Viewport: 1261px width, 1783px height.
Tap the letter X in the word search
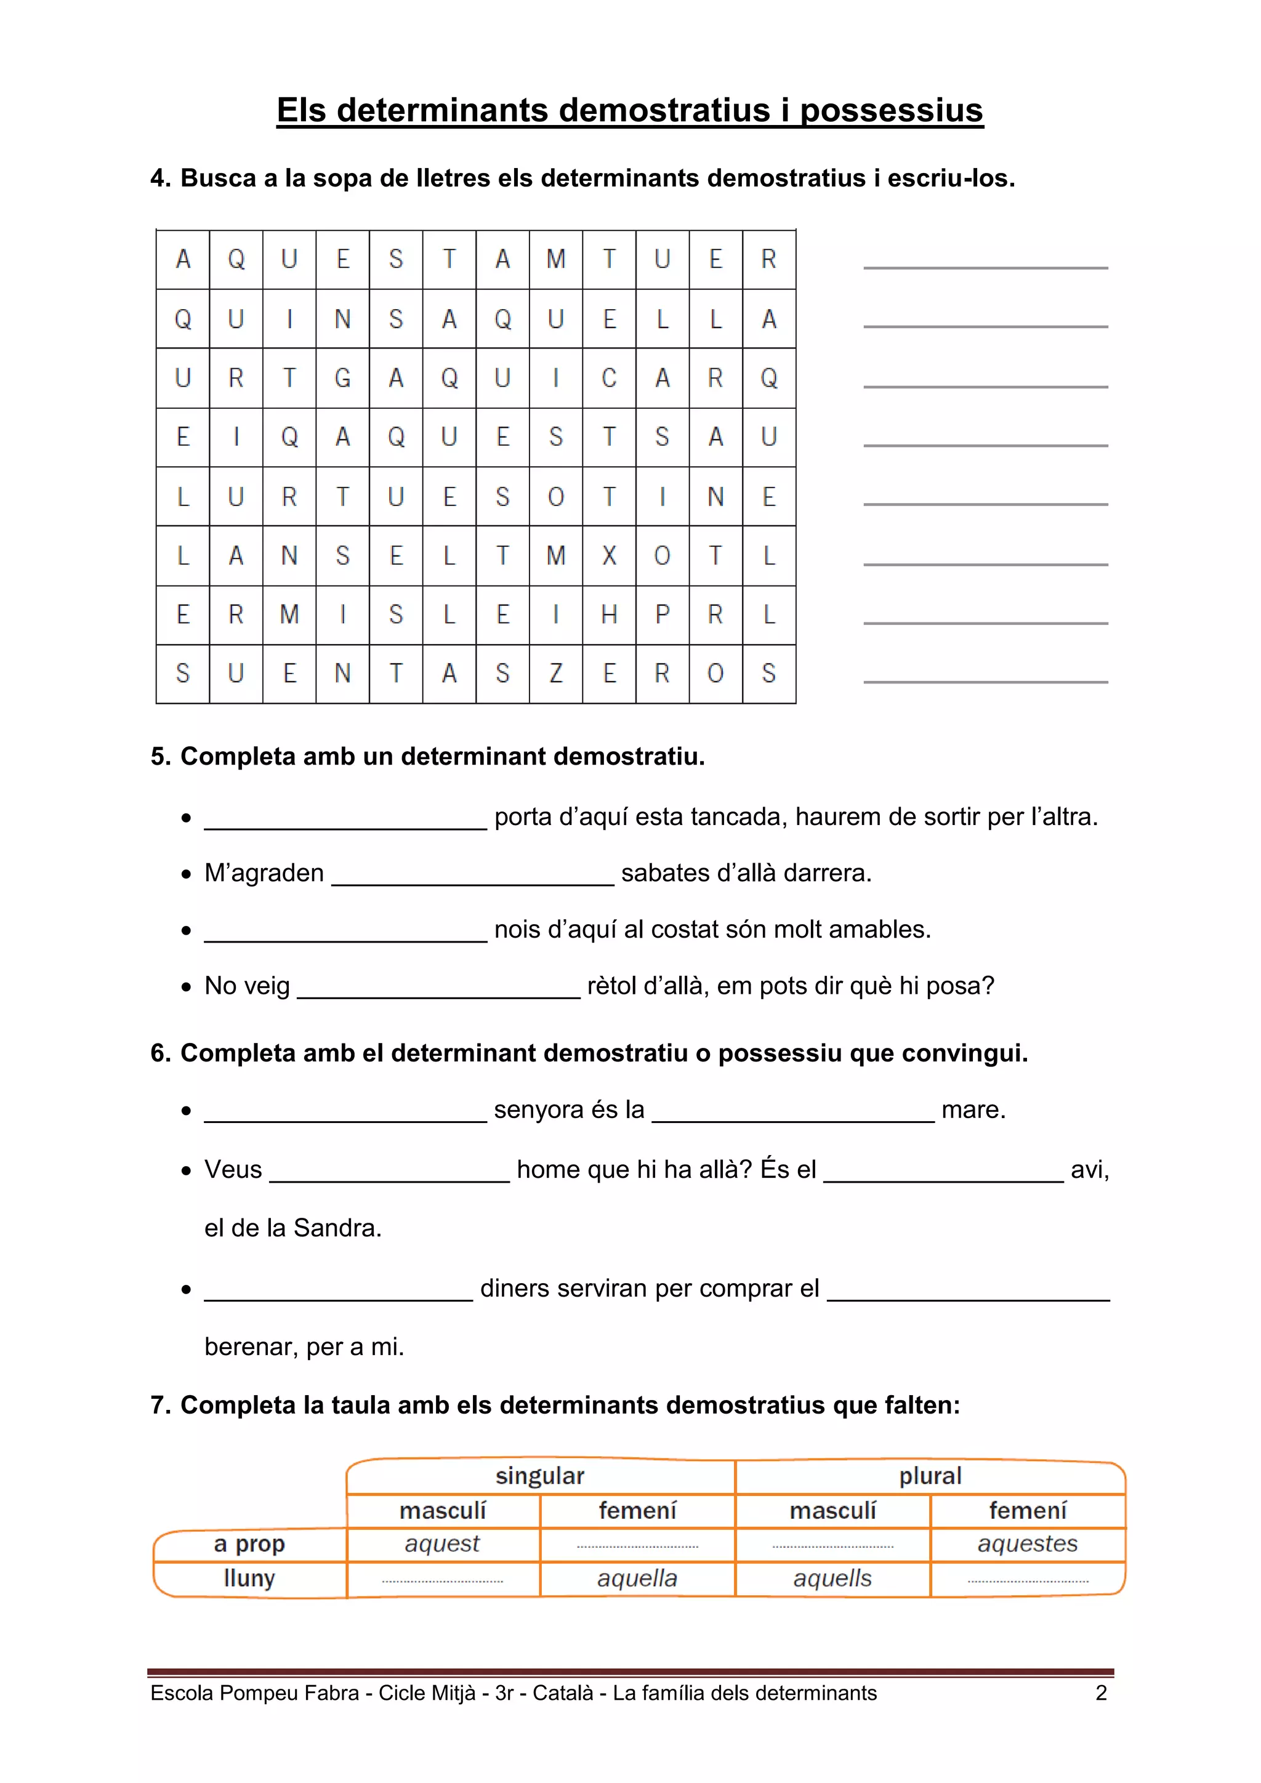(x=610, y=555)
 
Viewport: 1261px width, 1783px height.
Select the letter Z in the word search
(x=556, y=674)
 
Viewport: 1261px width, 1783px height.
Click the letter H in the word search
(x=610, y=614)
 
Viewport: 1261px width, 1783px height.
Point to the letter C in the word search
(x=610, y=378)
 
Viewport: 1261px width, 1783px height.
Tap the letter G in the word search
(x=342, y=378)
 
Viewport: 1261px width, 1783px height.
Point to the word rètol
(x=616, y=986)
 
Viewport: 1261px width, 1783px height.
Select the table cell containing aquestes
(x=1027, y=1544)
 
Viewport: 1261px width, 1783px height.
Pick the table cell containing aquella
(x=637, y=1579)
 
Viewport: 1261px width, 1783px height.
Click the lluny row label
(x=249, y=1578)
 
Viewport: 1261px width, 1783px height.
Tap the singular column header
(x=539, y=1476)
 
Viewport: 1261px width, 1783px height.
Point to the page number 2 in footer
(x=1100, y=1693)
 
